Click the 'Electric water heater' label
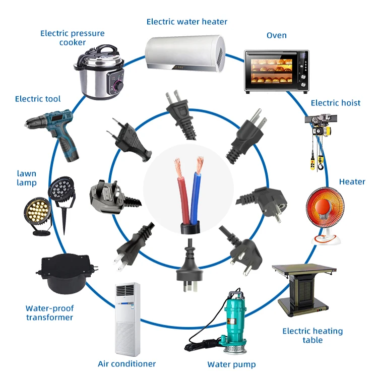(187, 22)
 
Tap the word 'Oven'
(277, 35)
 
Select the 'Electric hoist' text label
(336, 103)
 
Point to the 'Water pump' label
(231, 364)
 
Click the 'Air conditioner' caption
(127, 363)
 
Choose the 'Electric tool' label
(38, 99)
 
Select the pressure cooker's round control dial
(118, 85)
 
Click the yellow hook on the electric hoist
(321, 165)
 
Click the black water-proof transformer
(67, 273)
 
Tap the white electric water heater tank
(185, 53)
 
